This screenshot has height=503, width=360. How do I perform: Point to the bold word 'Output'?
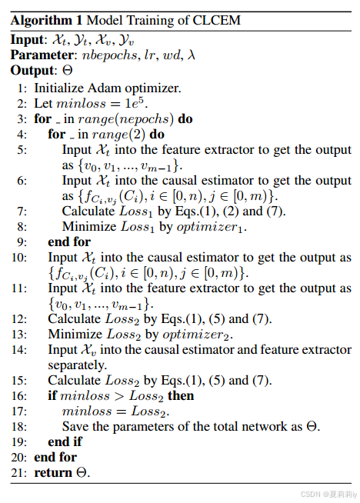[32, 71]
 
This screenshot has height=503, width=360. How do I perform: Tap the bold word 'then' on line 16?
[182, 395]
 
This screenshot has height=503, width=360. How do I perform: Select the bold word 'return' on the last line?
[52, 472]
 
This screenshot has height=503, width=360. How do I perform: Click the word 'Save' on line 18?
[76, 426]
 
